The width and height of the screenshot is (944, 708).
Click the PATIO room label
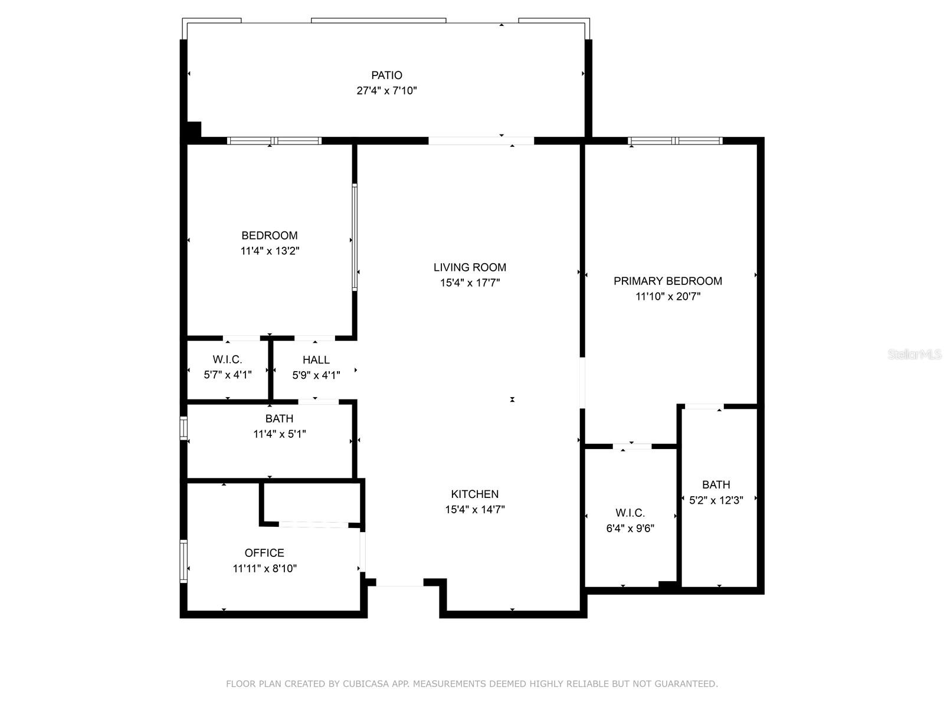386,76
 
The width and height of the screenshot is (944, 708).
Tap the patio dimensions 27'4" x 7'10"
386,91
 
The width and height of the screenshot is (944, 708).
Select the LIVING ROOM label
470,267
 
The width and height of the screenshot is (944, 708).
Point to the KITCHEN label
475,494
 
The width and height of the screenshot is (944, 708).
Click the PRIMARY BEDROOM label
667,281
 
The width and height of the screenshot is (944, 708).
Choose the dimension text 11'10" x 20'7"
668,297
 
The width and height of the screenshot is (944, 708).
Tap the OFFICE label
264,553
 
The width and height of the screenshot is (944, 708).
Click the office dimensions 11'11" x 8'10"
264,568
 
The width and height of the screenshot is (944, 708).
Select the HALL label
316,360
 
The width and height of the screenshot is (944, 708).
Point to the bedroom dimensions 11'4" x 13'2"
270,251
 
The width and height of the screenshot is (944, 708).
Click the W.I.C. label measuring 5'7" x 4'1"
228,359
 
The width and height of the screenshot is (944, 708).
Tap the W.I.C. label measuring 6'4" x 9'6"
630,513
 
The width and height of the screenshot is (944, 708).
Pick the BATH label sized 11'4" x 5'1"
279,418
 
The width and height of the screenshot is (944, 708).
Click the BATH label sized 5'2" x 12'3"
716,484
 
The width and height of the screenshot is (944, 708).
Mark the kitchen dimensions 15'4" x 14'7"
475,509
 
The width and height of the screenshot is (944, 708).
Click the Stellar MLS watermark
914,354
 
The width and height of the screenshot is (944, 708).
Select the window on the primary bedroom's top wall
675,140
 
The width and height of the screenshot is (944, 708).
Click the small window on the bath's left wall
183,428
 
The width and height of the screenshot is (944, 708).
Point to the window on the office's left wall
183,561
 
